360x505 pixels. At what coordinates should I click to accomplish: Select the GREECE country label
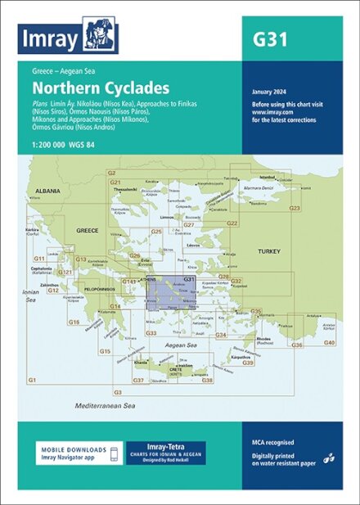click(87, 231)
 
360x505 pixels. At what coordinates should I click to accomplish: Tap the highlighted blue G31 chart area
click(172, 295)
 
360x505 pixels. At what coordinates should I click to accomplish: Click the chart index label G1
click(32, 381)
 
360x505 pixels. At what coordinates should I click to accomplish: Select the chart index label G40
click(329, 341)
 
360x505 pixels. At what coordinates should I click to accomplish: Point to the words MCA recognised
click(273, 442)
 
